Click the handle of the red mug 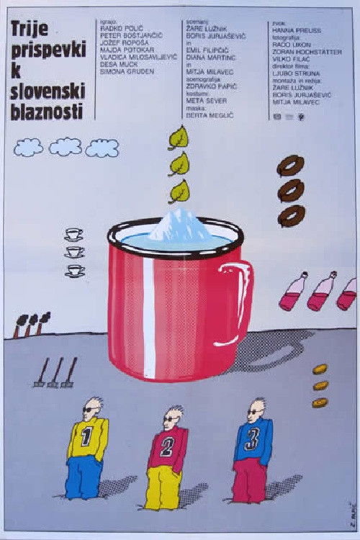click(x=235, y=295)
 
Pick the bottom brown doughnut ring click(x=292, y=215)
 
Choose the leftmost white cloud click(x=28, y=147)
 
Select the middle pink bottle click(x=321, y=292)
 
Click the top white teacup click(x=73, y=234)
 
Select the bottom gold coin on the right click(x=320, y=402)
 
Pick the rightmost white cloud click(x=102, y=148)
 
